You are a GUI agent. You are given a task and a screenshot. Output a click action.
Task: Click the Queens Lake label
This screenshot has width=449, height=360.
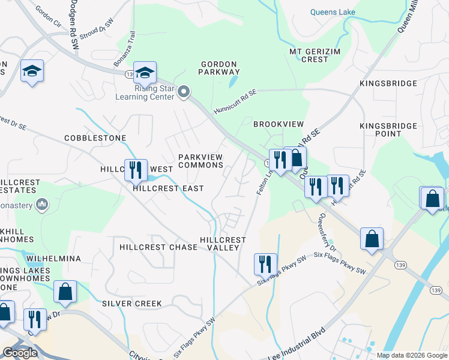pos(333,12)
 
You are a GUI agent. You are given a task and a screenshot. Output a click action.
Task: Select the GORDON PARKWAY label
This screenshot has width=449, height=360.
pos(220,68)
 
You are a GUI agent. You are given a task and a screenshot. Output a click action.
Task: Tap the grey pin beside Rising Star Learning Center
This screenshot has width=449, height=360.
pos(184,92)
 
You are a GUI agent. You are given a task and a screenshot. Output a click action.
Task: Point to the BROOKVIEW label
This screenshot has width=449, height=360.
pos(279,124)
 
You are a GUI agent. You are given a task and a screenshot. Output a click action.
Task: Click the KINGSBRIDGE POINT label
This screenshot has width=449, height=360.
pos(388,130)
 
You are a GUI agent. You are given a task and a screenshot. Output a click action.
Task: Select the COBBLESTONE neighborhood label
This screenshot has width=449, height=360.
pos(95,138)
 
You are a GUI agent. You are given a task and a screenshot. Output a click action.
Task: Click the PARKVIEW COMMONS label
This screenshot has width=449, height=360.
pos(200,161)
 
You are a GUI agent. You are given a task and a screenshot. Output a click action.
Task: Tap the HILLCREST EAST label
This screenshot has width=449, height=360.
pos(168,188)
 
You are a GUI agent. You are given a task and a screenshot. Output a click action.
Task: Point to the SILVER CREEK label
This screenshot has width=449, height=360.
pos(131,304)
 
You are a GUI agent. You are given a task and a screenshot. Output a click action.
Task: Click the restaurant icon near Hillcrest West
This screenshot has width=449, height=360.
pos(135,170)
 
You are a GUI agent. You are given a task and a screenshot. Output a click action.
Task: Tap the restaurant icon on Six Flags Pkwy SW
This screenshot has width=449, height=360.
pos(265,264)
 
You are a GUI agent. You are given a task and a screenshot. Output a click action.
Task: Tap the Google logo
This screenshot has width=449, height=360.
pos(20,353)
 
